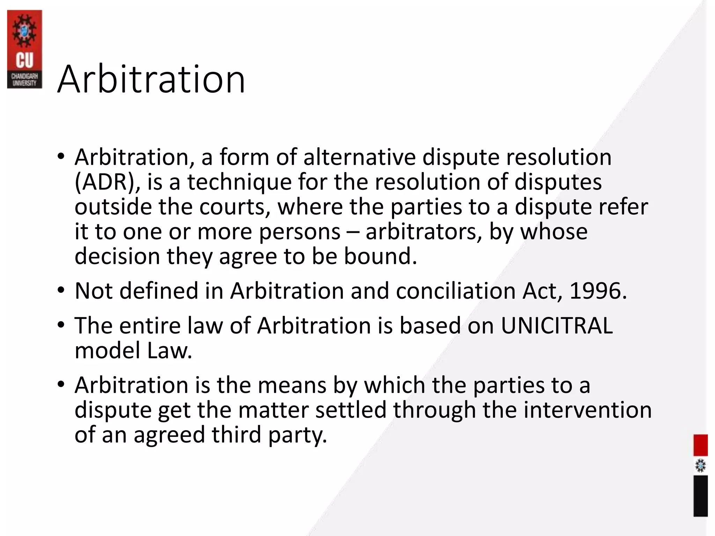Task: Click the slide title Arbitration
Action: pyautogui.click(x=151, y=80)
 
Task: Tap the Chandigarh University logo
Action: pyautogui.click(x=24, y=49)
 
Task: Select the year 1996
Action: pyautogui.click(x=598, y=291)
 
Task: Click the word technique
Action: pyautogui.click(x=239, y=182)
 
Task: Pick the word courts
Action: pyautogui.click(x=235, y=207)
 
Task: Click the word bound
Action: pyautogui.click(x=380, y=256)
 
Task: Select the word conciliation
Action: pyautogui.click(x=456, y=291)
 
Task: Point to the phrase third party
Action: pyautogui.click(x=269, y=435)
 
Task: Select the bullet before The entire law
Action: pyautogui.click(x=61, y=325)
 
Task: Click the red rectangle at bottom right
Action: pyautogui.click(x=700, y=445)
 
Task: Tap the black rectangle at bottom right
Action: pyautogui.click(x=700, y=496)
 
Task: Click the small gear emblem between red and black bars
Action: pyautogui.click(x=700, y=466)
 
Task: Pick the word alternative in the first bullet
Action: pyautogui.click(x=360, y=157)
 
